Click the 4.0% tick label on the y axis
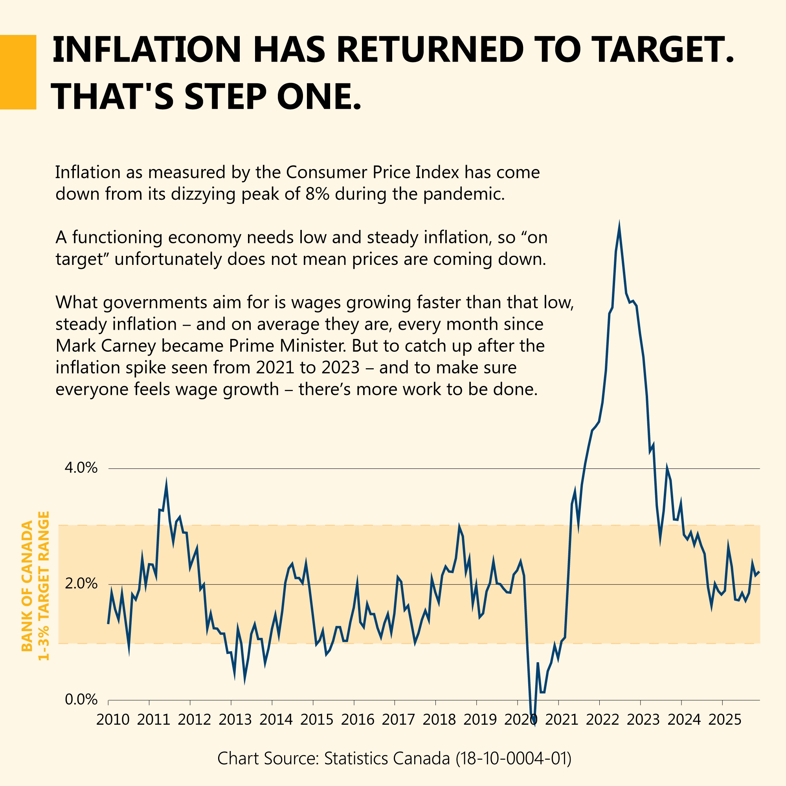coord(81,468)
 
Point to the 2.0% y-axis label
coord(81,584)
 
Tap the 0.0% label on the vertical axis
coord(81,700)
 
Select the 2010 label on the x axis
coord(113,720)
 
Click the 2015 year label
coord(317,720)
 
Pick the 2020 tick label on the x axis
coord(521,720)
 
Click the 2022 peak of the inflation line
coord(619,226)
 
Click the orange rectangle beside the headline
coord(18,72)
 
